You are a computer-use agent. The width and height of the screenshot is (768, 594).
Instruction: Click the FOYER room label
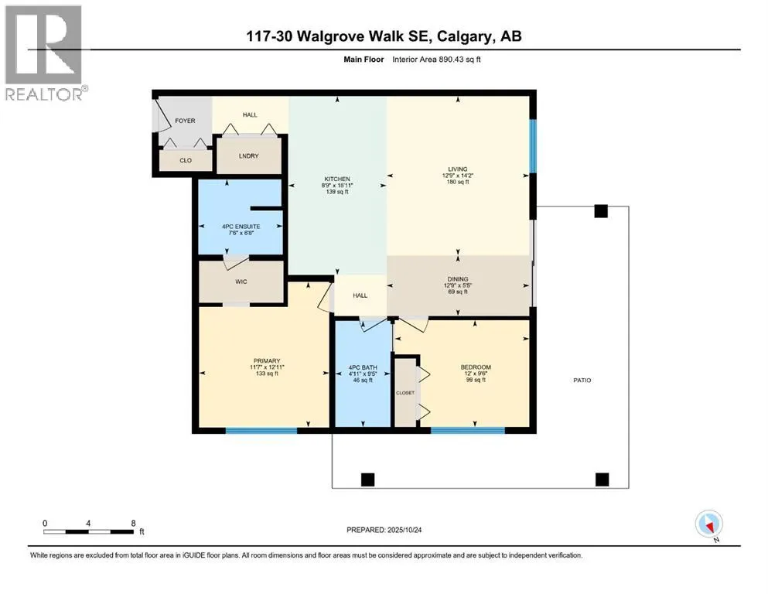click(x=184, y=121)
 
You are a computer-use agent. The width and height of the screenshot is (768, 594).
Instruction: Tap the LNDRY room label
click(x=248, y=155)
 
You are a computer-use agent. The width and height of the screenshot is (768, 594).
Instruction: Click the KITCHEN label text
click(x=337, y=179)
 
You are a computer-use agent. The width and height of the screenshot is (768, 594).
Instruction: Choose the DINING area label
click(x=458, y=279)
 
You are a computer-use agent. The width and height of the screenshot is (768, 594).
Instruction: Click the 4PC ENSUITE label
click(x=240, y=226)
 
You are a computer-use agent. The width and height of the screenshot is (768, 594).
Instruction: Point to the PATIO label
click(x=582, y=381)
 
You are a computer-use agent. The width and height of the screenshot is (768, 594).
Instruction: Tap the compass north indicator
click(x=709, y=524)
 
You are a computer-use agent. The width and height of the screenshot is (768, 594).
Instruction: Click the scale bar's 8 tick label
click(x=134, y=523)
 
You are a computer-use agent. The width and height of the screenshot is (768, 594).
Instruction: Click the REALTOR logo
click(x=44, y=53)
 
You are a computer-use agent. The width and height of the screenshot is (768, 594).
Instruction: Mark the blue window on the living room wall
click(x=532, y=146)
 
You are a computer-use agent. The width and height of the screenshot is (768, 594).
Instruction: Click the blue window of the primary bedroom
click(x=261, y=430)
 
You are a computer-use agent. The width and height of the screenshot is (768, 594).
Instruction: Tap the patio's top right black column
click(x=601, y=211)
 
